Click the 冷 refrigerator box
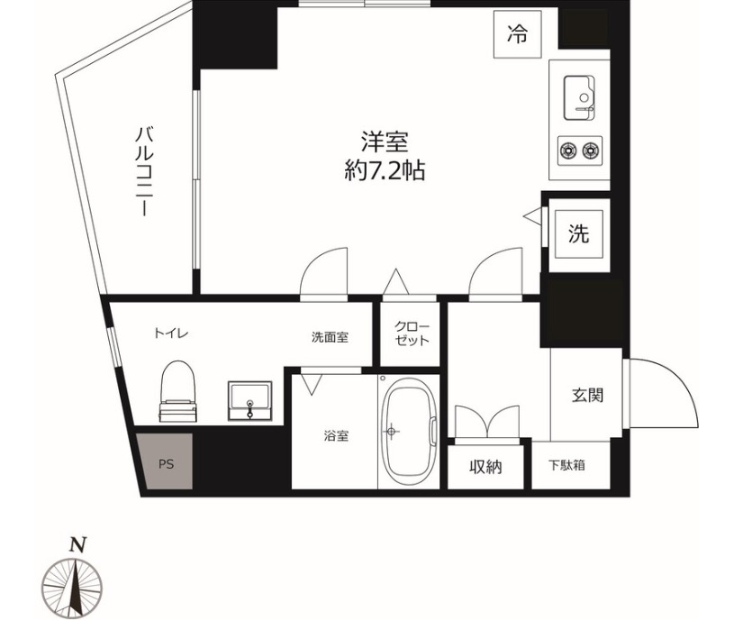click(517, 35)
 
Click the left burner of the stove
click(569, 149)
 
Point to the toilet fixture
click(177, 391)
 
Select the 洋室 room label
click(385, 142)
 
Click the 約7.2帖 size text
click(385, 169)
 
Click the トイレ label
click(170, 333)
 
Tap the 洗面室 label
click(330, 337)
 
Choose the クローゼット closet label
click(412, 333)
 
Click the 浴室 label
click(337, 436)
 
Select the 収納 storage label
click(485, 466)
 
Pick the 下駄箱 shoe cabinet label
click(567, 466)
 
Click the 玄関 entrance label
click(586, 394)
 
